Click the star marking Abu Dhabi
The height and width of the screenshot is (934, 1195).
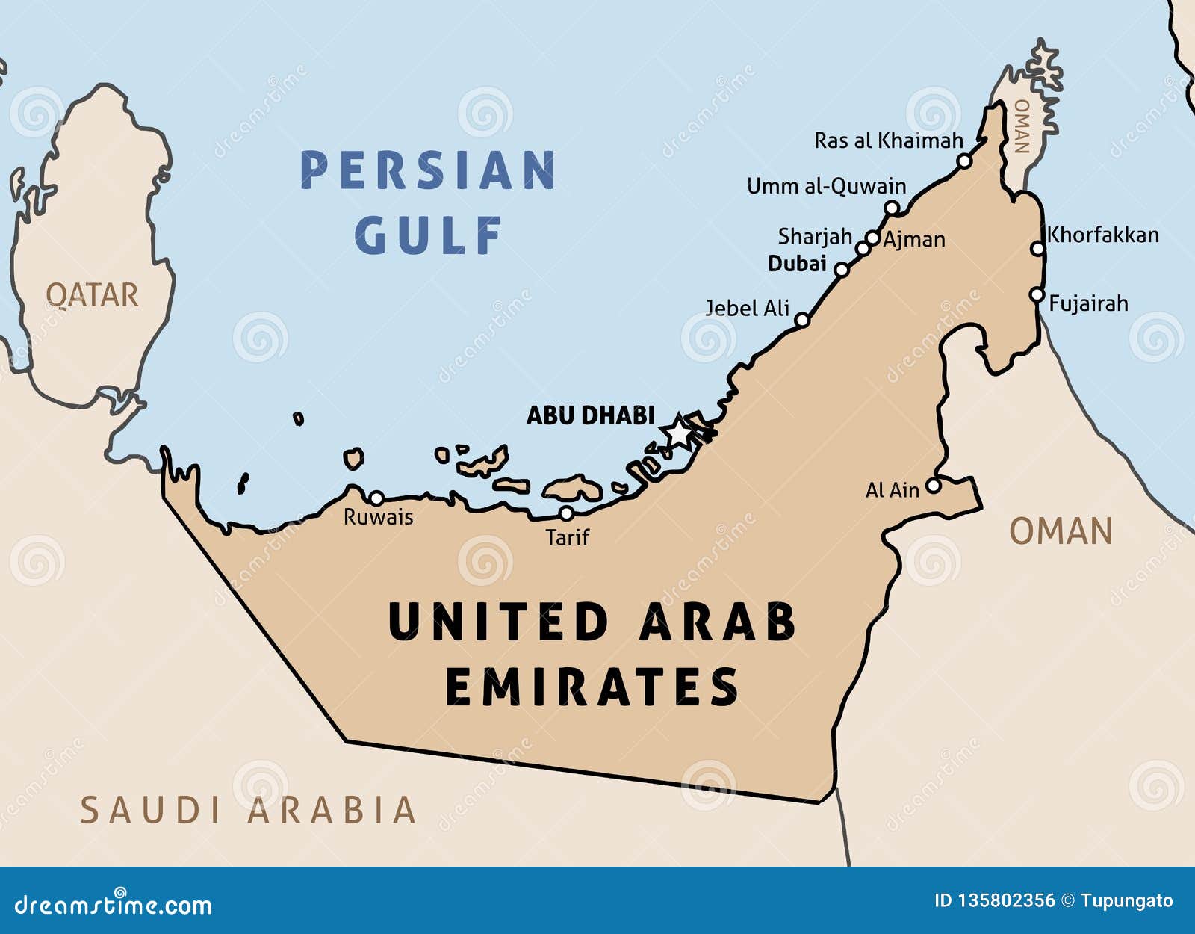(x=678, y=432)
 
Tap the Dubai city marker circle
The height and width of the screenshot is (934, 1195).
(x=842, y=270)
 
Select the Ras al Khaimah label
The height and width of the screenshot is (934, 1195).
(x=888, y=140)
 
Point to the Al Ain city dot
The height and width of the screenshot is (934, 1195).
(x=933, y=486)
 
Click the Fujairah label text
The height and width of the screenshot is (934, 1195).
(x=1088, y=303)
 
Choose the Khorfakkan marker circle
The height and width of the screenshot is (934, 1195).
(x=1037, y=248)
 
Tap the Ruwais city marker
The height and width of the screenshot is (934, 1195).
(x=377, y=498)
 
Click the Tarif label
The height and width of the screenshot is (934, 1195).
(x=567, y=537)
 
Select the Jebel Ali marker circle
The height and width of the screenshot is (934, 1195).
(x=801, y=320)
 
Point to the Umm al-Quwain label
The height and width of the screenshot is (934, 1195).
(x=826, y=186)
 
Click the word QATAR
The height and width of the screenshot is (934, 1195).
(x=92, y=295)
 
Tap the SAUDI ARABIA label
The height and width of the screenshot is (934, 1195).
(x=247, y=811)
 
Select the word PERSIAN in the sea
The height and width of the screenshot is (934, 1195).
(x=428, y=170)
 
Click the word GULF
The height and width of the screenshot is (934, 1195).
(x=428, y=235)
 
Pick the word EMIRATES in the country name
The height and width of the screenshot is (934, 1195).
(x=592, y=687)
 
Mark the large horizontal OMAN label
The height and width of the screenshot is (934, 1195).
(x=1061, y=532)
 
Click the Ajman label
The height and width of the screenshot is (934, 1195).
(x=914, y=240)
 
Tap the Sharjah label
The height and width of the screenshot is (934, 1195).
(x=815, y=237)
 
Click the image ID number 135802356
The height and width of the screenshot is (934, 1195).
(x=1005, y=901)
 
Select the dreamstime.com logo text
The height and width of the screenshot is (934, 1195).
(x=114, y=904)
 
